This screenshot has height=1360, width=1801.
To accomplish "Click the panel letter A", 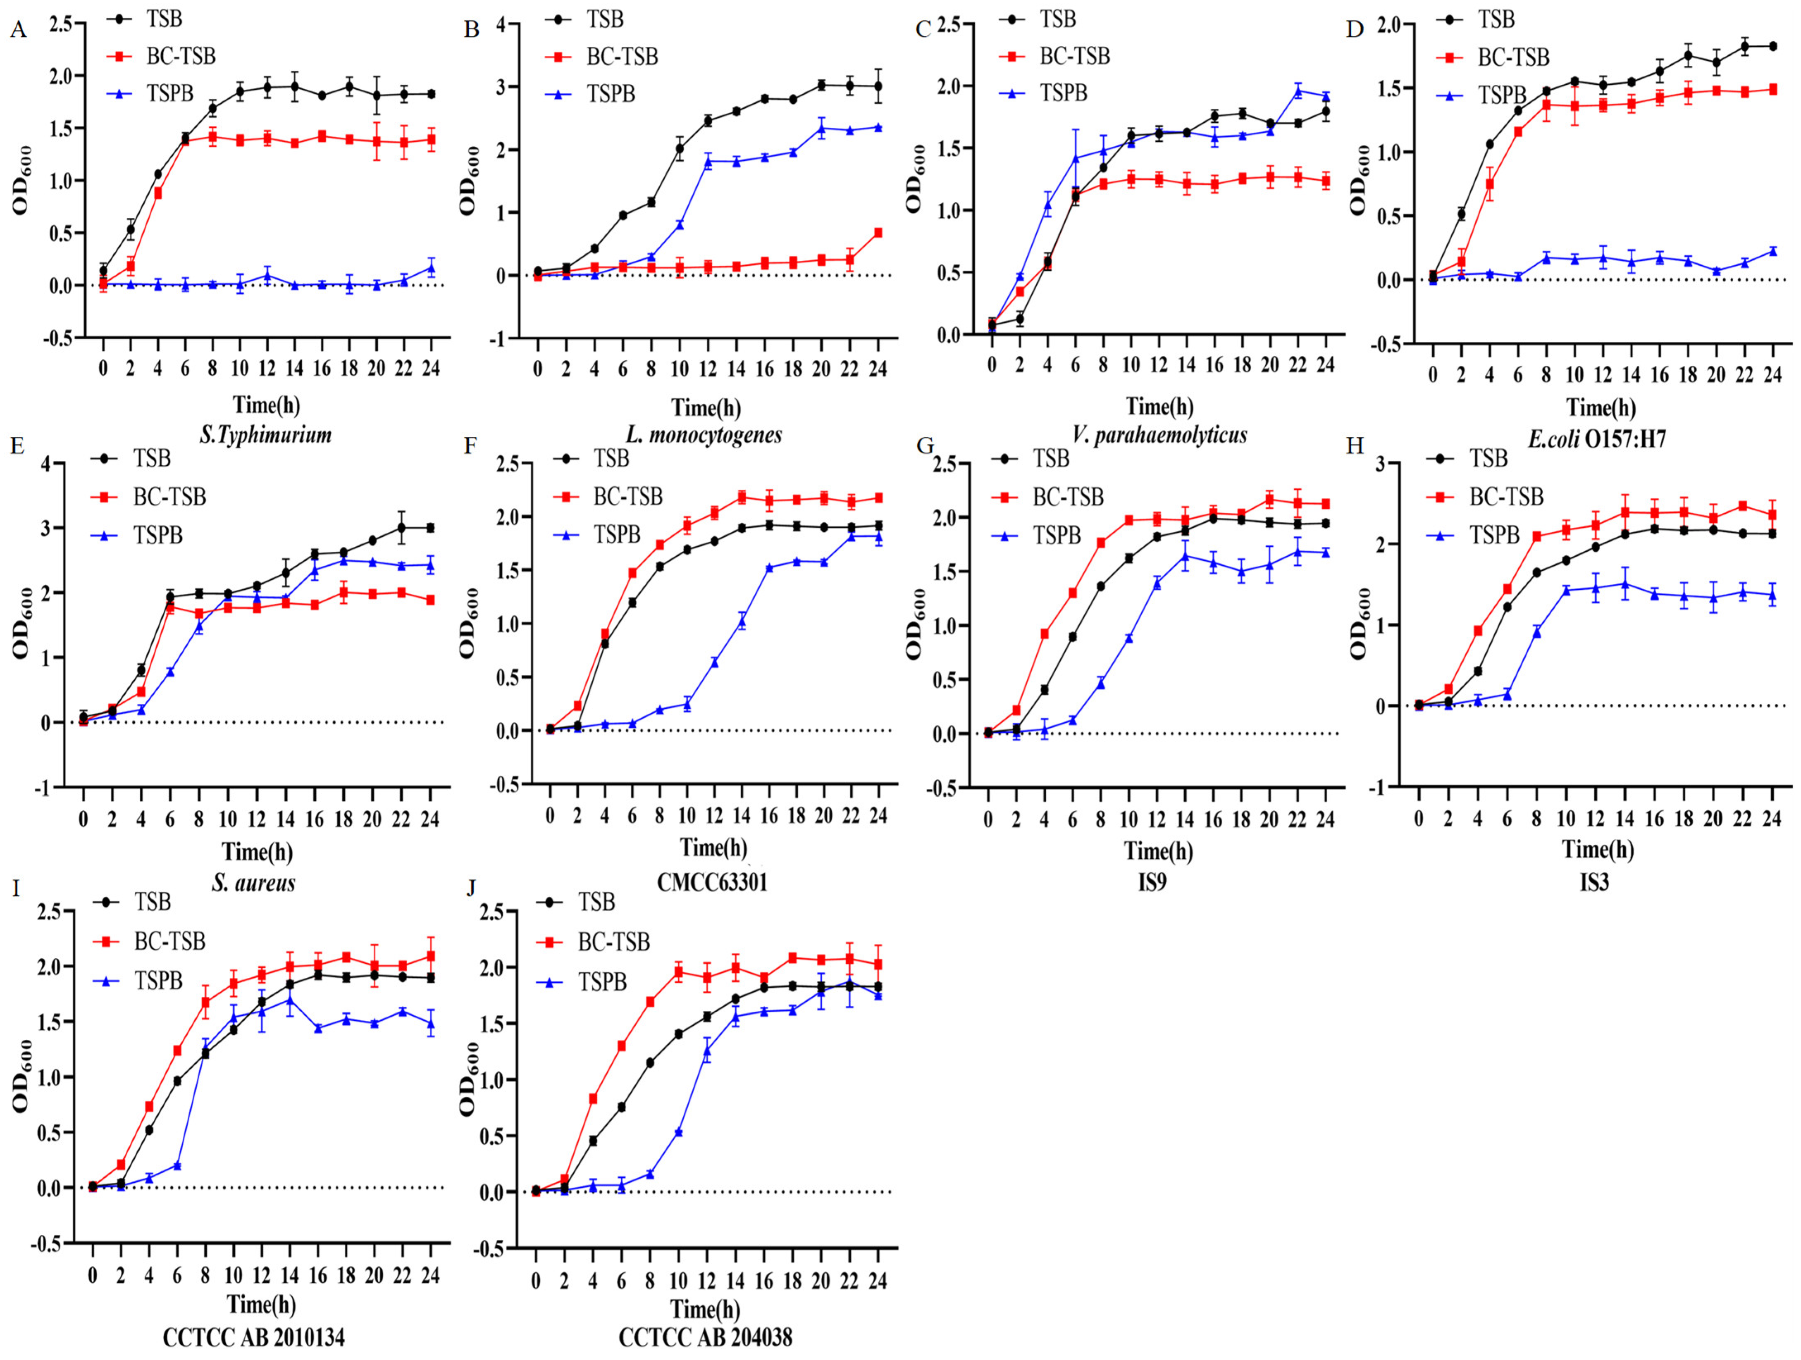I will (18, 31).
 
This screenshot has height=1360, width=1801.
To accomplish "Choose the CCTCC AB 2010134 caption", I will (253, 1337).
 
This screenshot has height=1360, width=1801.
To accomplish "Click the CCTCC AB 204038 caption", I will (705, 1337).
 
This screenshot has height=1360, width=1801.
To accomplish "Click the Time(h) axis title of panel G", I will (1159, 851).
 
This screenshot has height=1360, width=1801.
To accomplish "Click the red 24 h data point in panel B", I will (878, 233).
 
